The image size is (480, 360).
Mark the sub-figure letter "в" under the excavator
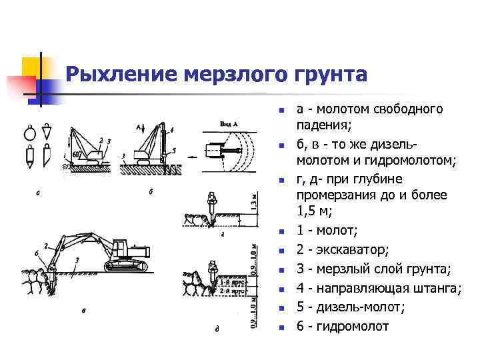click(x=83, y=309)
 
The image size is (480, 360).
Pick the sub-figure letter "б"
click(x=151, y=193)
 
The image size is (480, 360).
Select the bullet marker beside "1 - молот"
click(x=281, y=231)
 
